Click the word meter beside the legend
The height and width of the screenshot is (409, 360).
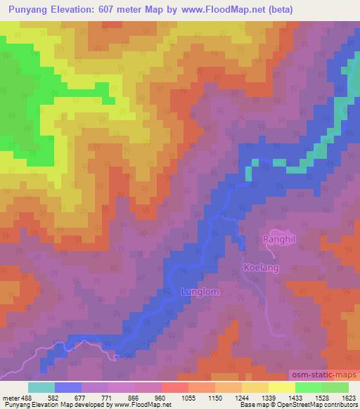click(10, 397)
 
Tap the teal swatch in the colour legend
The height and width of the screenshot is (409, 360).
click(41, 387)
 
